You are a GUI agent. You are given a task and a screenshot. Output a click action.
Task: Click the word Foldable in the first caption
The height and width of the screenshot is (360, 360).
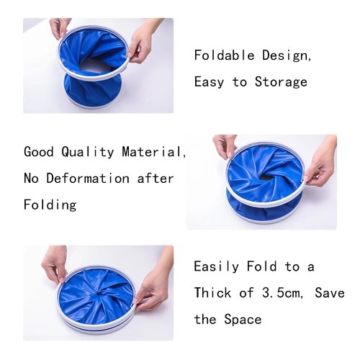pos(224,55)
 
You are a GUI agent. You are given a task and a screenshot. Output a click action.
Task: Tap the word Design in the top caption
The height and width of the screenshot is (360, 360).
pos(285,55)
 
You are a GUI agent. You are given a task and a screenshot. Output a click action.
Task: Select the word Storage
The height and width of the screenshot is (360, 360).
pos(281,82)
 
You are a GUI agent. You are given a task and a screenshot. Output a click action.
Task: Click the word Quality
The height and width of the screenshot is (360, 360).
pos(87,152)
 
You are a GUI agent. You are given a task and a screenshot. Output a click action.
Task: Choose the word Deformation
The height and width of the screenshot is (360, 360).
pos(88,179)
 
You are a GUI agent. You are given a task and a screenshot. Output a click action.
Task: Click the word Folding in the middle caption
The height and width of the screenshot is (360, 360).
pos(50,205)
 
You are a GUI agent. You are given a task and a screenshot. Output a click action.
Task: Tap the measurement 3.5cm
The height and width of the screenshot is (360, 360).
pos(281,293)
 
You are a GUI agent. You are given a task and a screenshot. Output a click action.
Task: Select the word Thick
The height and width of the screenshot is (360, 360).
pos(212,293)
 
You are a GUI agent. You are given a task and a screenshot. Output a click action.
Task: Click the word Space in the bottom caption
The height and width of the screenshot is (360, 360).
pos(243,320)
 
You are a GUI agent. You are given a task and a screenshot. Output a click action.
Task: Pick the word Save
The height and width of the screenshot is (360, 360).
pos(330,293)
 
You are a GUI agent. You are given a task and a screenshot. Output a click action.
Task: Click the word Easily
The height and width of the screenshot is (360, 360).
pos(217,267)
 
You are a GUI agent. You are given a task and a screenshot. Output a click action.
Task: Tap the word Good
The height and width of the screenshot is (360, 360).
pos(39,152)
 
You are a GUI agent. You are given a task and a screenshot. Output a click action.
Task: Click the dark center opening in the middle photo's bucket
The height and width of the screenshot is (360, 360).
pos(266,177)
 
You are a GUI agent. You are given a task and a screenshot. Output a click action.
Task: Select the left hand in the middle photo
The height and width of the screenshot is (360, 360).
pos(225,146)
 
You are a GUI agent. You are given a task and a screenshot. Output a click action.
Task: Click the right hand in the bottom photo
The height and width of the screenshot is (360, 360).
pos(154,287)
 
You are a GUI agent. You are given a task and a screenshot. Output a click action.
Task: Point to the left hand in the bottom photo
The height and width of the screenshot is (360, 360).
pos(54,264)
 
